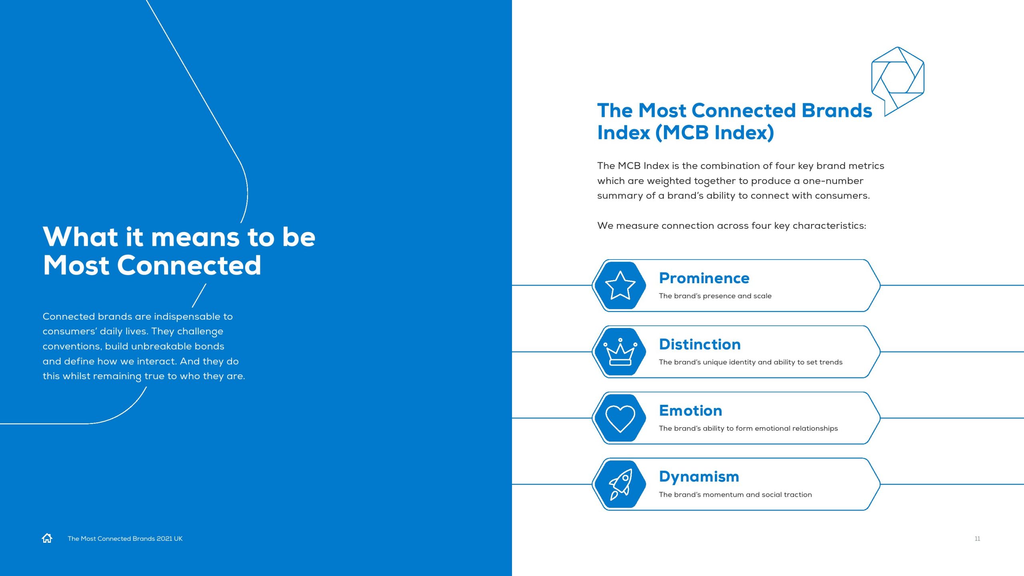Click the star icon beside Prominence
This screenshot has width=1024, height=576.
620,285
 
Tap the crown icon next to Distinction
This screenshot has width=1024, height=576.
620,352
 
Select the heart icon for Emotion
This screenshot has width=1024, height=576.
620,418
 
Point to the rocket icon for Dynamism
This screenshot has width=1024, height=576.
620,484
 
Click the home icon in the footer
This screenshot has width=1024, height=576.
47,538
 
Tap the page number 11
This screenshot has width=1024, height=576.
977,539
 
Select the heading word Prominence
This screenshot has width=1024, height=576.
704,278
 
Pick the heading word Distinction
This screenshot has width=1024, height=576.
700,344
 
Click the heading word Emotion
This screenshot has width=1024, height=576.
690,411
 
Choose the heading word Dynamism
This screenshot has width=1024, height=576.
699,477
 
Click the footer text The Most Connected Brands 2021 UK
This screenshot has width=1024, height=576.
125,539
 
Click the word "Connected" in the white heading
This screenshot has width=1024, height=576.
189,265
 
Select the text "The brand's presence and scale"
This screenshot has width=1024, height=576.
715,296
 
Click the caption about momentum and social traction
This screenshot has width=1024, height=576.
735,495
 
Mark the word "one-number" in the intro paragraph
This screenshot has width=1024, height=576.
833,181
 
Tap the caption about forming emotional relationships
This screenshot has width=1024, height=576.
748,428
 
